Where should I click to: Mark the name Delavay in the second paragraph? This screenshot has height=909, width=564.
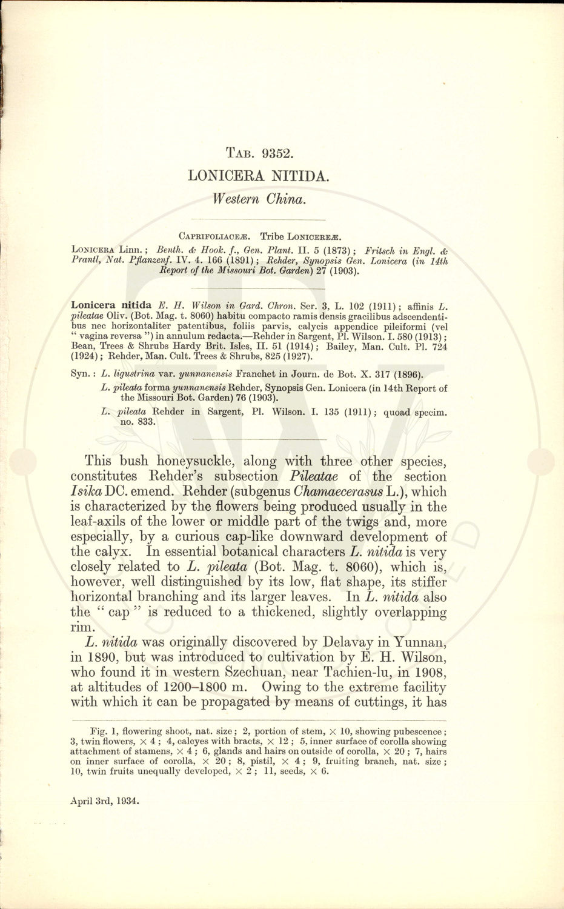click(x=342, y=642)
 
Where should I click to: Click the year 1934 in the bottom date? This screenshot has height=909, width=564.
click(x=127, y=801)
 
